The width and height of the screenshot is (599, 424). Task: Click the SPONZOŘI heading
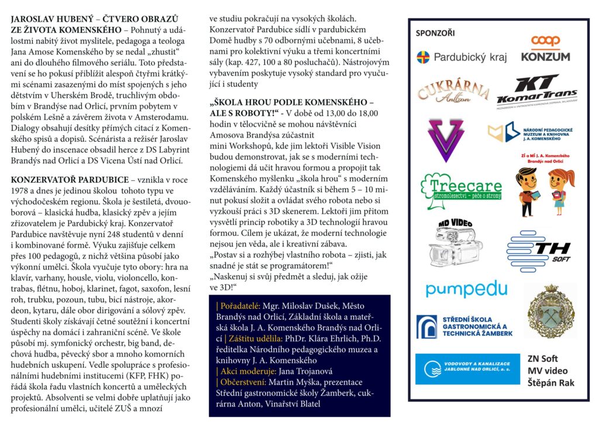[435, 33]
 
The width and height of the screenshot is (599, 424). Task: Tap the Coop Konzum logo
[545, 49]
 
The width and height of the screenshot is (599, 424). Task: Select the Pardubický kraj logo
[462, 57]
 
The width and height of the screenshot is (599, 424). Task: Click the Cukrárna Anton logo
[453, 93]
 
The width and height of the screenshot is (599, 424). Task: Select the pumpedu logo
[466, 289]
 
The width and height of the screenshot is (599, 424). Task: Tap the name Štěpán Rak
[550, 384]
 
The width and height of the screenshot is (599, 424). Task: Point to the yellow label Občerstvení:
[240, 381]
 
